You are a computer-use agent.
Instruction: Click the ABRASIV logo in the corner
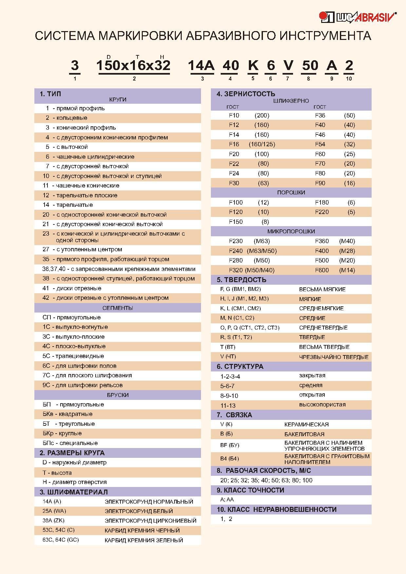(x=358, y=17)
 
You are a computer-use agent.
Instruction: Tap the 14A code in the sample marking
(x=201, y=65)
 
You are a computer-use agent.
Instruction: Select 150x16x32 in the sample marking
(x=134, y=65)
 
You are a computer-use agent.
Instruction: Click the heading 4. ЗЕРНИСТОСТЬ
(x=246, y=94)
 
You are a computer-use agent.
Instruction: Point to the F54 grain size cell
(x=320, y=144)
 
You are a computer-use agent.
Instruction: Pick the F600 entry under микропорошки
(x=322, y=270)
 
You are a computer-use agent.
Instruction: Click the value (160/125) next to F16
(x=262, y=144)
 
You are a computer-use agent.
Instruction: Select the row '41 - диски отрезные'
(x=72, y=288)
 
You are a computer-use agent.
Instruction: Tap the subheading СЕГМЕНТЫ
(x=118, y=308)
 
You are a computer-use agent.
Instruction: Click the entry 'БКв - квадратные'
(x=67, y=414)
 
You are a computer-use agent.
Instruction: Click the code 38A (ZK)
(x=53, y=520)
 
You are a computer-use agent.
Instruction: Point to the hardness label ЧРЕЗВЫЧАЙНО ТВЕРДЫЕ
(x=334, y=357)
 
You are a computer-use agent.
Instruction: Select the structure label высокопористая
(x=322, y=404)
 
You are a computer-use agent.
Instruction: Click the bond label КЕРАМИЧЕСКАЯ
(x=306, y=424)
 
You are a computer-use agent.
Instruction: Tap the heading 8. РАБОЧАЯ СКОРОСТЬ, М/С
(x=264, y=471)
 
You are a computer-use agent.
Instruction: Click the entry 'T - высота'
(x=57, y=473)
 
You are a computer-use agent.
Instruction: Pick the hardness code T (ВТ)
(x=228, y=347)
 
